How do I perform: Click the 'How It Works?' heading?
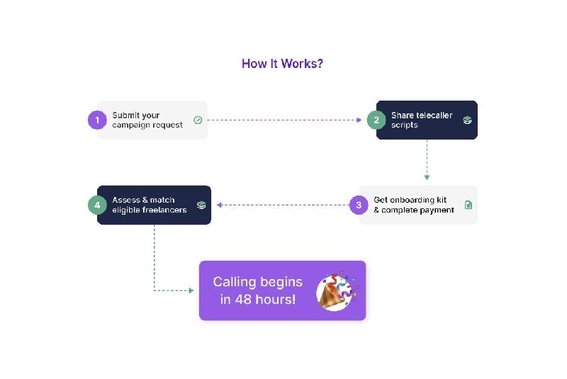coord(282,64)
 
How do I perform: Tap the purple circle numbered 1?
coord(96,120)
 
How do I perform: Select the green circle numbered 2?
coord(376,120)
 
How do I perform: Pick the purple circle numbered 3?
coord(359,205)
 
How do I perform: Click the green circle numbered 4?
coord(97,205)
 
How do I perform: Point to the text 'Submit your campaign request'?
coord(147,120)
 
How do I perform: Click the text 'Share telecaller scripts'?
coord(422,120)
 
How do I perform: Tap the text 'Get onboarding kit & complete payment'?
coord(414,205)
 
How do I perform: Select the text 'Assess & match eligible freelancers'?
coord(150,205)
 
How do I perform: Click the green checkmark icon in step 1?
coord(198,120)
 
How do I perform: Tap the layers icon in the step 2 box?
coord(467,120)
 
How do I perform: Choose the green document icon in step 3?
coord(468,205)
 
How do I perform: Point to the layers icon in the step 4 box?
coord(201,205)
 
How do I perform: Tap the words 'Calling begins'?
coord(257,282)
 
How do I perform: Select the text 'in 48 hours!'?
coord(257,300)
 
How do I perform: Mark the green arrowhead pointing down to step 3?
coord(427,176)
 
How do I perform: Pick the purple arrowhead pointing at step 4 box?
coord(220,205)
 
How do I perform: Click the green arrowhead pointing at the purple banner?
coord(191,290)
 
